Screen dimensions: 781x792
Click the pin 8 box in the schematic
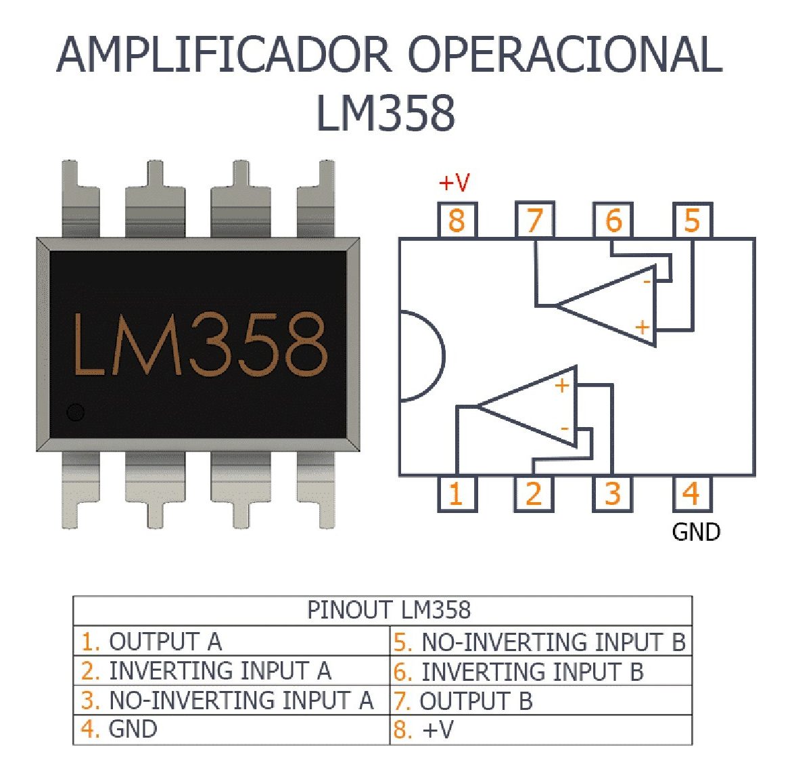[x=457, y=220]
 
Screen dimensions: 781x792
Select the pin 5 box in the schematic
[x=692, y=220]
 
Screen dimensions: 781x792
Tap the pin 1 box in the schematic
[x=457, y=493]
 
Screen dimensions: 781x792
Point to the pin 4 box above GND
[x=691, y=493]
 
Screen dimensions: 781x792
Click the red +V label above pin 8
[x=454, y=182]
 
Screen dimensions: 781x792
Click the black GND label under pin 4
[x=696, y=532]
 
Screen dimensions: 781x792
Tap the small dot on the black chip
[x=75, y=411]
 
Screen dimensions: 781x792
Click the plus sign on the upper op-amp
[x=642, y=328]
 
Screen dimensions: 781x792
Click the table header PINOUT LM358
[x=388, y=610]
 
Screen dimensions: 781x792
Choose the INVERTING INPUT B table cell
[x=541, y=671]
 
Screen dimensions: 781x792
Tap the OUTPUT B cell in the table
[x=541, y=701]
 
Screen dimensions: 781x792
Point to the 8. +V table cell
[x=541, y=730]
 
